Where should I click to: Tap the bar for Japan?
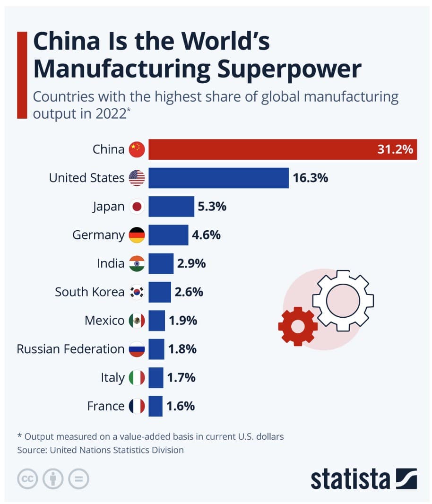(171, 207)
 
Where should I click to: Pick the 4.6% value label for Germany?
(206, 235)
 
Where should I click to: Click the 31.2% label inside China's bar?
(395, 150)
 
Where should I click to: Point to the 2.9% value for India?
(191, 263)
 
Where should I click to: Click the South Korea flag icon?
(137, 292)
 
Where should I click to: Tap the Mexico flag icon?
(137, 321)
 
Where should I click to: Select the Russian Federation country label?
(70, 349)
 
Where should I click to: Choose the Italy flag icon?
(137, 377)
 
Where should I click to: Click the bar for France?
(156, 406)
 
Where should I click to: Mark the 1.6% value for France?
(181, 406)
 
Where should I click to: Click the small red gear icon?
(297, 326)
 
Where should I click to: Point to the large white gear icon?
(344, 300)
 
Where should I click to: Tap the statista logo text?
(350, 478)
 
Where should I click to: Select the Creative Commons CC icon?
(27, 479)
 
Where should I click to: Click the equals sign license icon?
(78, 479)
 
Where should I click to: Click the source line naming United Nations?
(100, 450)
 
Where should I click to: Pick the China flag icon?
(137, 150)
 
